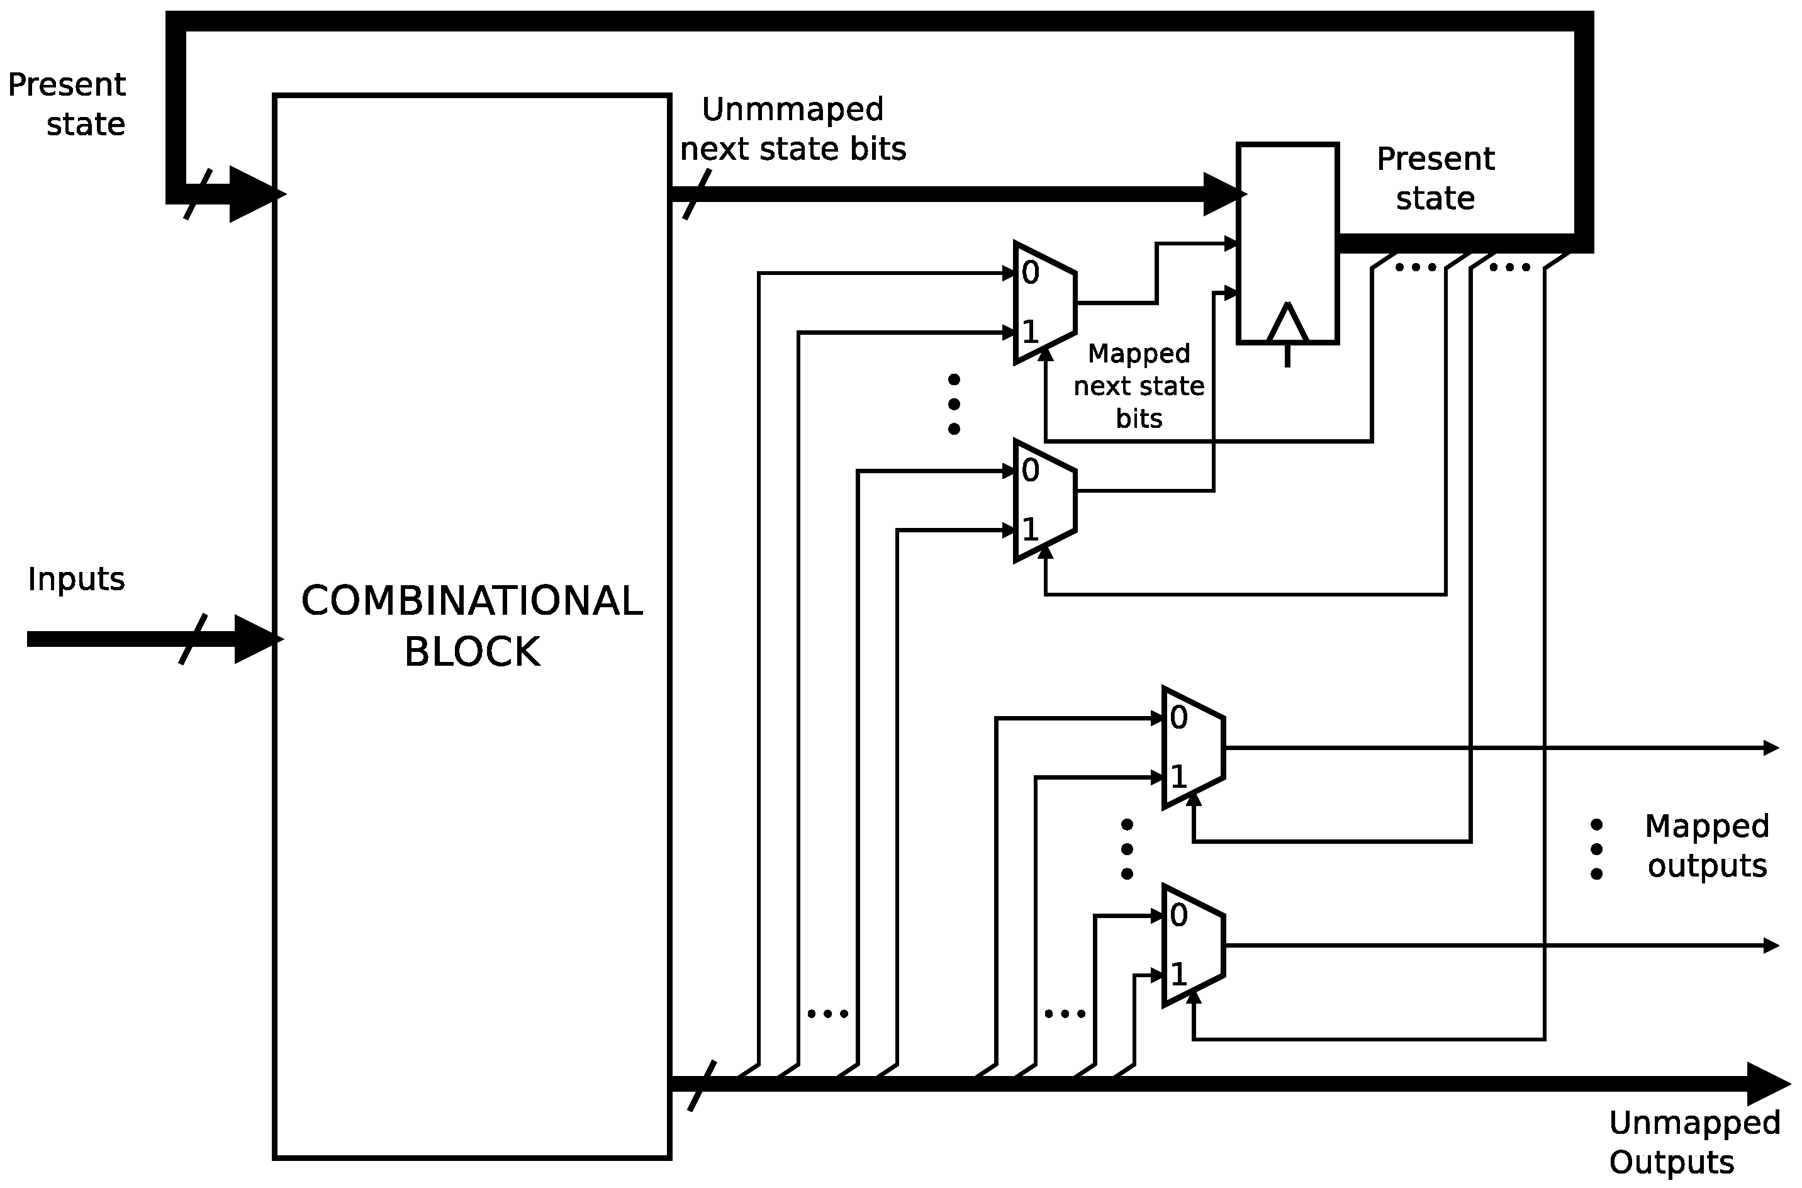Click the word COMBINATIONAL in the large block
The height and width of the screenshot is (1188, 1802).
(x=471, y=602)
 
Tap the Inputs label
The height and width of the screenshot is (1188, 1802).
(x=76, y=580)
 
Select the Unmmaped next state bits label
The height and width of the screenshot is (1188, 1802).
(x=792, y=129)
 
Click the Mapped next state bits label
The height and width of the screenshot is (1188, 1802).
(x=1138, y=386)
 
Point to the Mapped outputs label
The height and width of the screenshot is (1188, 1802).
(x=1706, y=846)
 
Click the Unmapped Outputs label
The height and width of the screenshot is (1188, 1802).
(x=1694, y=1143)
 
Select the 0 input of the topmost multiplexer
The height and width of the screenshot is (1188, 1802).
(x=1030, y=272)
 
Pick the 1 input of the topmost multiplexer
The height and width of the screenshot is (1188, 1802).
(x=1030, y=332)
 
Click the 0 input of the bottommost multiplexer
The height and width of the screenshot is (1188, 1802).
(x=1178, y=916)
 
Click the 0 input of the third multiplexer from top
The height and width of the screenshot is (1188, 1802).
(x=1178, y=717)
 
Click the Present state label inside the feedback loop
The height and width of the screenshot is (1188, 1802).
(x=1435, y=179)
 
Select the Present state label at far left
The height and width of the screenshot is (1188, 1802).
(x=67, y=104)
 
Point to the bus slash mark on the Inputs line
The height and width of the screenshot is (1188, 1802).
(x=193, y=639)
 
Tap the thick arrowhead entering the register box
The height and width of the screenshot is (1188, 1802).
(x=1221, y=194)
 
